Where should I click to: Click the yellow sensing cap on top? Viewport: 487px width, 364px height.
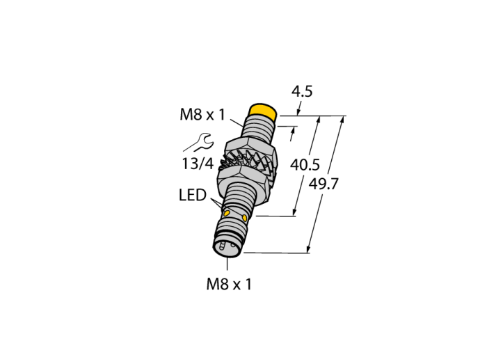(264, 113)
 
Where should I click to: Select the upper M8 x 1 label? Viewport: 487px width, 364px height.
(202, 115)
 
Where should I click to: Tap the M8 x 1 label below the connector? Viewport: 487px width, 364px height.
(229, 284)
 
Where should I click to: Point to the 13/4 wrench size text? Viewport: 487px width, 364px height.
(198, 164)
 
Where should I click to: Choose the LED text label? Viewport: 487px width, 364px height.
(193, 195)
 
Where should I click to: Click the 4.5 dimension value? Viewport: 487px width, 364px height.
(302, 91)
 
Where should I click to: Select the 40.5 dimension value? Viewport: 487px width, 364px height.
(305, 165)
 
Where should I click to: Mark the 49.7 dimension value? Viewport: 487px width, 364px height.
(324, 184)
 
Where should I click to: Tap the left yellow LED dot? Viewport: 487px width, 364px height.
(227, 213)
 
